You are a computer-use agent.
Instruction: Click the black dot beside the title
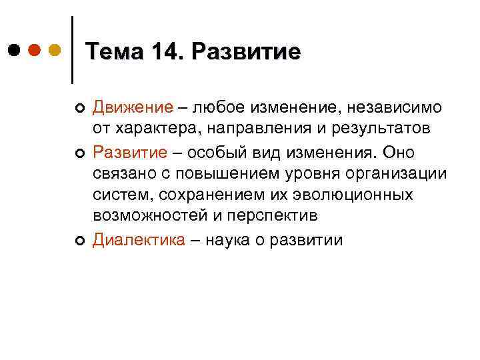click(x=15, y=50)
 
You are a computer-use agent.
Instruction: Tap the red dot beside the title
click(x=35, y=50)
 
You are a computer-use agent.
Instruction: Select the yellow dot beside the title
click(x=55, y=50)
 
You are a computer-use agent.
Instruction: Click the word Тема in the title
click(x=114, y=51)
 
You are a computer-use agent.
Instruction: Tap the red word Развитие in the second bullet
click(x=130, y=153)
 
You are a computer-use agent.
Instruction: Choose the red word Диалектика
click(x=139, y=240)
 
